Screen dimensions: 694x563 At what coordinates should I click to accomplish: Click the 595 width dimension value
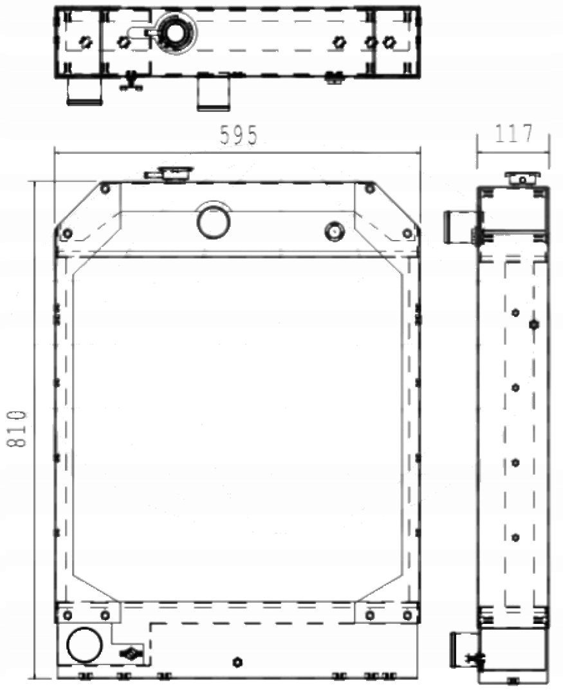(x=238, y=136)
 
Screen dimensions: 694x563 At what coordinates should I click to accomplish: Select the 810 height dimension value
(x=17, y=428)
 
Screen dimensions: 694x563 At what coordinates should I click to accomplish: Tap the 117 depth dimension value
(x=513, y=134)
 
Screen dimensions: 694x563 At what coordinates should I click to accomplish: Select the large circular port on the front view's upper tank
(x=213, y=221)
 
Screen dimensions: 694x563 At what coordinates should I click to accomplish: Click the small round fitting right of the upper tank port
(x=334, y=230)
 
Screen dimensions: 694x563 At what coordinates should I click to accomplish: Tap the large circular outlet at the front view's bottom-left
(x=85, y=645)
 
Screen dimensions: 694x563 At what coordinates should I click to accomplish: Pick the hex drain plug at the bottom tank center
(x=237, y=662)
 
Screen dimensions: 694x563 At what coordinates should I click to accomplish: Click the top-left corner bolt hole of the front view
(x=105, y=188)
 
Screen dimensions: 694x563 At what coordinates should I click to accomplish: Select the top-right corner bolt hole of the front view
(x=369, y=188)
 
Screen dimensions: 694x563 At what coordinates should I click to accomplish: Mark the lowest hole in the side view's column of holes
(x=515, y=537)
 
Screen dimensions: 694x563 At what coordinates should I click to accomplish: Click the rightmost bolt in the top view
(x=388, y=42)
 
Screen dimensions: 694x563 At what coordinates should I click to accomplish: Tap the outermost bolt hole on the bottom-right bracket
(x=407, y=616)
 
